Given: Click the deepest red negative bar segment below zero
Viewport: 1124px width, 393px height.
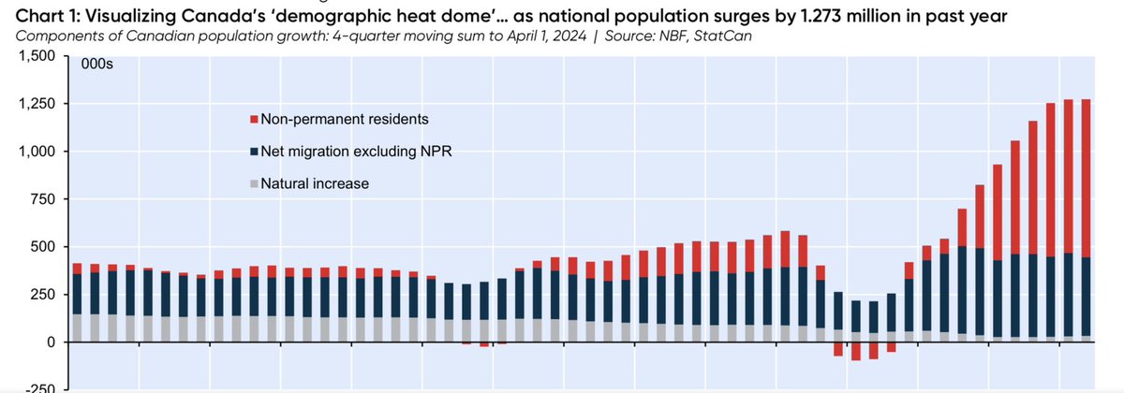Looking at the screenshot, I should [855, 351].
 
